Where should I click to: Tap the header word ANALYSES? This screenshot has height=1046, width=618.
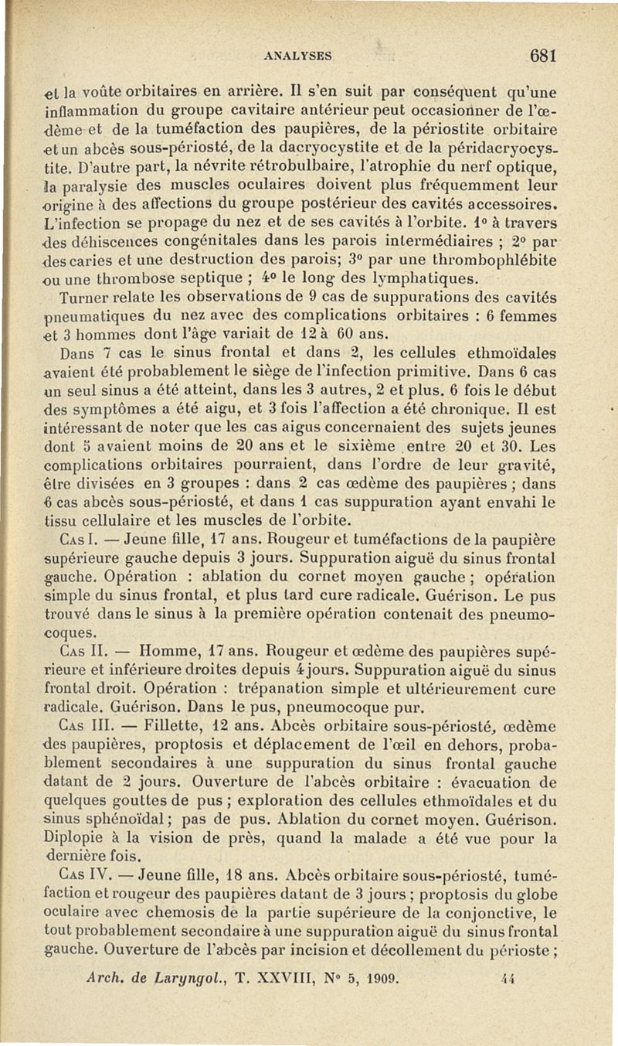297,56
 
